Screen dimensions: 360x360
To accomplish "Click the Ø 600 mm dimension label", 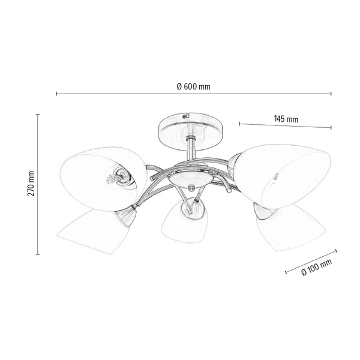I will pyautogui.click(x=193, y=86).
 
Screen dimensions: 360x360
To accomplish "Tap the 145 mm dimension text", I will pyautogui.click(x=286, y=119).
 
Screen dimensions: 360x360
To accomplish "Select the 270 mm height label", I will pyautogui.click(x=31, y=184).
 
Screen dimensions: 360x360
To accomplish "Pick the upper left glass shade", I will pyautogui.click(x=103, y=173).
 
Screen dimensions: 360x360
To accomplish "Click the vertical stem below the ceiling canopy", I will pyautogui.click(x=190, y=150).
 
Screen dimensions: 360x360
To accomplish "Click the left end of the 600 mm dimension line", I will pyautogui.click(x=56, y=94).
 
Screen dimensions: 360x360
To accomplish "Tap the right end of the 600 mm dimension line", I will pyautogui.click(x=331, y=94).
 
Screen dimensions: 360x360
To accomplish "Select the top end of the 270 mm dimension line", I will pyautogui.click(x=38, y=114).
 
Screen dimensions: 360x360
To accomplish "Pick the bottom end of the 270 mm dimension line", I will pyautogui.click(x=38, y=254).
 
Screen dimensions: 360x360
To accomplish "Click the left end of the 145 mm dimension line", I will pyautogui.click(x=239, y=124).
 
